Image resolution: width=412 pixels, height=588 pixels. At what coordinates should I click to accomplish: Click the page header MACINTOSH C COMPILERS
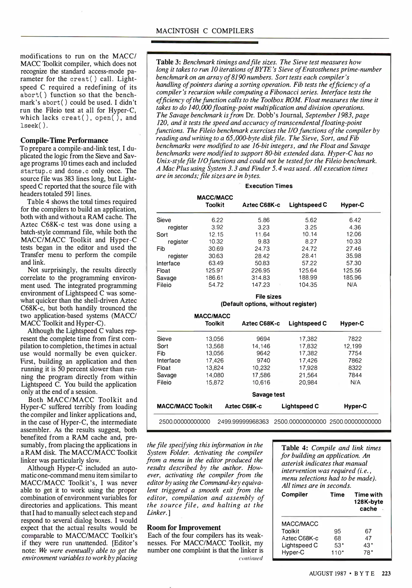point(205,31)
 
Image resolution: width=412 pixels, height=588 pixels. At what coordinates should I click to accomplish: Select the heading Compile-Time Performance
point(64,140)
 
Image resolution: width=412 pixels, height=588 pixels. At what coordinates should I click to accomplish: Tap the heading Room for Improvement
point(184,527)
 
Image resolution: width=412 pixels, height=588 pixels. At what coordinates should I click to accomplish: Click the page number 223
point(386,573)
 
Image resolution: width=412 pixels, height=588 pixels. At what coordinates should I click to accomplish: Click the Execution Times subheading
point(269,186)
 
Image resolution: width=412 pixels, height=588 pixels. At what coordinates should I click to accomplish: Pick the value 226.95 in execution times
point(260,270)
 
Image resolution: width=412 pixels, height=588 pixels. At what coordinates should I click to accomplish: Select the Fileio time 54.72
point(216,285)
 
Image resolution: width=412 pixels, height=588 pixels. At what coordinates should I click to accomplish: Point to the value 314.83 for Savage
point(260,278)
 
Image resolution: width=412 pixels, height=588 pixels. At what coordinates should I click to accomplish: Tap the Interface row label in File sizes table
point(168,360)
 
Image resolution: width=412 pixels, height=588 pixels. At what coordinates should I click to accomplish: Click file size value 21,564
point(308,375)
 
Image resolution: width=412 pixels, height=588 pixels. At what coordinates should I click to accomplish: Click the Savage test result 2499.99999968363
point(243,422)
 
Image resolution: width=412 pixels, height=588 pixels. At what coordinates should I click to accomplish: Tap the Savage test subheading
point(268,394)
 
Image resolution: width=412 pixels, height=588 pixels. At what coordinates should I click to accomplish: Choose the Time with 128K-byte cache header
point(368,502)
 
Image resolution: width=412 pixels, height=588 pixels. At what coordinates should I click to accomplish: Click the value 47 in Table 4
point(368,538)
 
